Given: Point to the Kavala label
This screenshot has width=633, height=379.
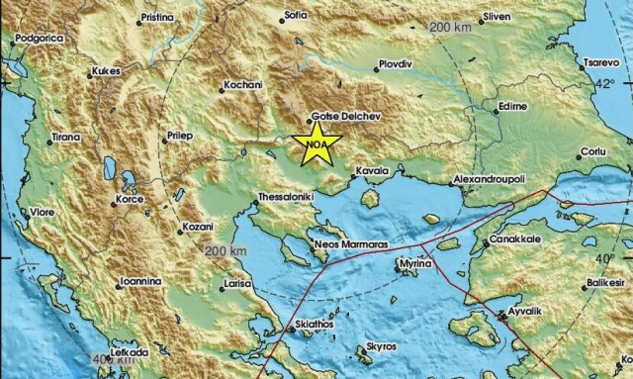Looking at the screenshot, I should (372, 170).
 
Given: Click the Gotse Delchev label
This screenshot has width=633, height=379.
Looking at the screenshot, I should (345, 116).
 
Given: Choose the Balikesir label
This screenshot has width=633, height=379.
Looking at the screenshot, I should (585, 282).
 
